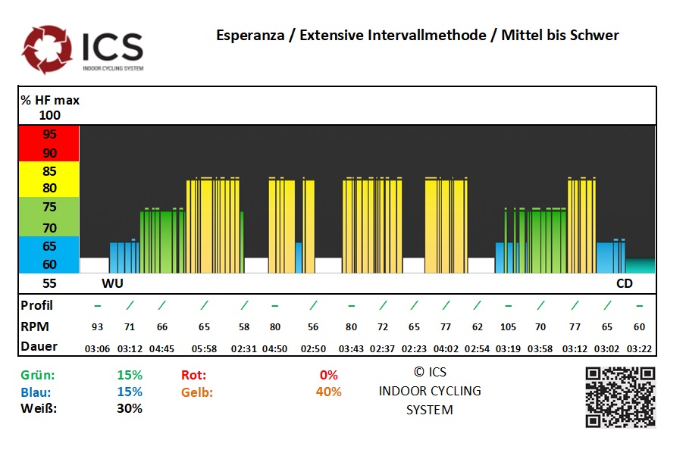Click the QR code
point(620,397)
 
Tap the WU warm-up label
point(112,284)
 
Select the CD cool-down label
point(624,284)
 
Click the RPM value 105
point(508,327)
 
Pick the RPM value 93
point(97,327)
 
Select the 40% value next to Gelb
point(328,392)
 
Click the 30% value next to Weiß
point(130,408)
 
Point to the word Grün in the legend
point(38,375)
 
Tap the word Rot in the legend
point(194,375)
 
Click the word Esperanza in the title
point(251,36)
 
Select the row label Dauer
point(39,347)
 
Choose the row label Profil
point(37,305)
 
